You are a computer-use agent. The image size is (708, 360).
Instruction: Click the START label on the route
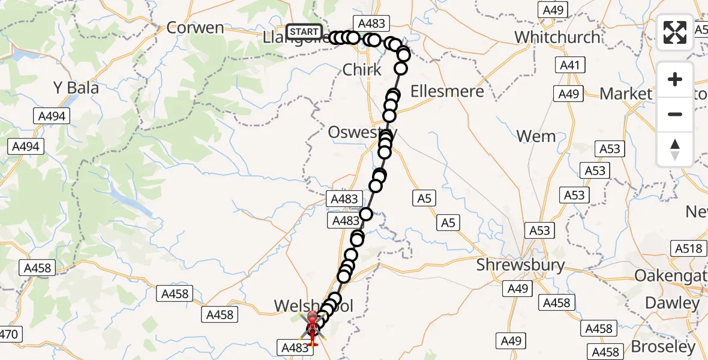click(304, 31)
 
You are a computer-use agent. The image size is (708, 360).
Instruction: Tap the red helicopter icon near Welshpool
click(312, 326)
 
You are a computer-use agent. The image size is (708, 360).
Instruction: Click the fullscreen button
click(675, 32)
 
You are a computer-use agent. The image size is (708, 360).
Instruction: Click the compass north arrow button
click(675, 149)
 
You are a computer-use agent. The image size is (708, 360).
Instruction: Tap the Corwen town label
click(195, 28)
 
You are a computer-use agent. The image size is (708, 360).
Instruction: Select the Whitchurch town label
click(557, 37)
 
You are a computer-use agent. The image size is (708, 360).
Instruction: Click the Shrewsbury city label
click(521, 265)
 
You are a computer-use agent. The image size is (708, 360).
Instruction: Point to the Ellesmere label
click(447, 91)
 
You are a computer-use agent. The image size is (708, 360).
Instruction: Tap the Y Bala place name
click(76, 88)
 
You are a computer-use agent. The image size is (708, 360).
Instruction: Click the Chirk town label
click(362, 70)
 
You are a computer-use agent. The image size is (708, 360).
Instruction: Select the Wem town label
click(536, 137)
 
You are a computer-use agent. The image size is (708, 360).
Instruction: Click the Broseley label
click(663, 347)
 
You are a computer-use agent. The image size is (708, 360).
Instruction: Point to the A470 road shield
click(10, 334)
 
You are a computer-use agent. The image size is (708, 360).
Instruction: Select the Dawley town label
click(672, 303)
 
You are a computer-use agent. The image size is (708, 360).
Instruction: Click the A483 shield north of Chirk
click(371, 23)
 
